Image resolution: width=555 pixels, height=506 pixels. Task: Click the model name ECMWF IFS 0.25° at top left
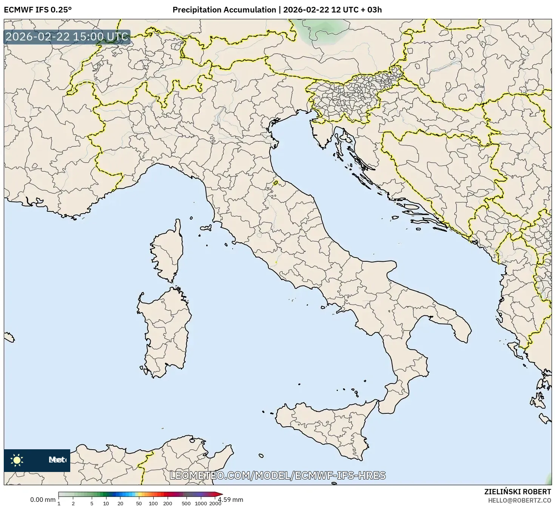(37, 10)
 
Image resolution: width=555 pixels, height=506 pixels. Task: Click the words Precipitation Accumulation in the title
(224, 10)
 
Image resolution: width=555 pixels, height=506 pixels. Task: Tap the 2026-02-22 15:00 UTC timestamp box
(67, 37)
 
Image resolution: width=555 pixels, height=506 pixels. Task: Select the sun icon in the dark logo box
(17, 460)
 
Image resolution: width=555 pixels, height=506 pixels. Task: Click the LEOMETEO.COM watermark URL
(277, 475)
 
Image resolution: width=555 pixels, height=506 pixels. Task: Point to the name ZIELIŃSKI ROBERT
(517, 492)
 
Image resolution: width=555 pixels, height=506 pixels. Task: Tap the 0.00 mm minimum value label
(43, 500)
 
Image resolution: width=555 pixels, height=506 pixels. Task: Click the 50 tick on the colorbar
(139, 503)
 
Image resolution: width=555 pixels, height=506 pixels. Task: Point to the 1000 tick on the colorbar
(201, 503)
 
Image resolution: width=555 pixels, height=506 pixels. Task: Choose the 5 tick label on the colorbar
(92, 503)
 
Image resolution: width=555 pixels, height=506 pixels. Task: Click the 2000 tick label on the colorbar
(215, 503)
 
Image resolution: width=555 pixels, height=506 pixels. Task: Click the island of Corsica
(168, 253)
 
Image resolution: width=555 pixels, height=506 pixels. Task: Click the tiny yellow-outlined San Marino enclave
(276, 183)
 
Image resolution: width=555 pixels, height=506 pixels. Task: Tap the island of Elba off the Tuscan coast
(206, 228)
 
